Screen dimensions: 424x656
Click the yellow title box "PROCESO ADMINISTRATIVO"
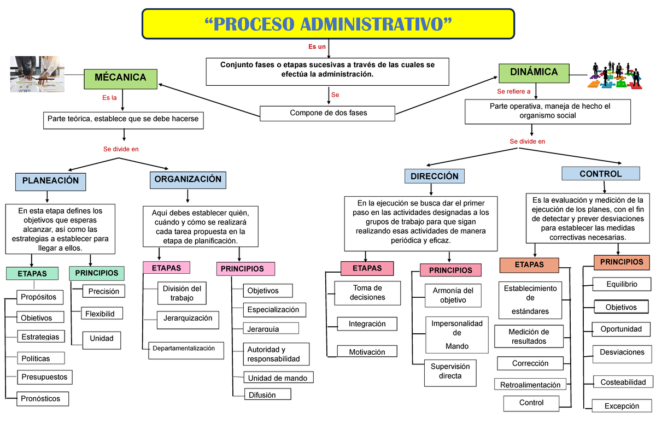point(328,24)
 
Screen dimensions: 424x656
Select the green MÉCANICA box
point(120,78)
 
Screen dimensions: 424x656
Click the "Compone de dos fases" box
point(327,113)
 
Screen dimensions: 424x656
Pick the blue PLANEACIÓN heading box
point(51,180)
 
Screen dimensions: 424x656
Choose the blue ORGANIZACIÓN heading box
point(188,179)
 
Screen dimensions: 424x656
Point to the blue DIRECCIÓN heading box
point(435,176)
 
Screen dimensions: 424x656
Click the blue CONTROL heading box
point(601,174)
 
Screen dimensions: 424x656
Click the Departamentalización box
point(186,349)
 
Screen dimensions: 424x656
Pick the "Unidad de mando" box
point(277,378)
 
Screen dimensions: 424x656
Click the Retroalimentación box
point(530,385)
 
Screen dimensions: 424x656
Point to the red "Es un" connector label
point(317,47)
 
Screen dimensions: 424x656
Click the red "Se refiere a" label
point(513,91)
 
